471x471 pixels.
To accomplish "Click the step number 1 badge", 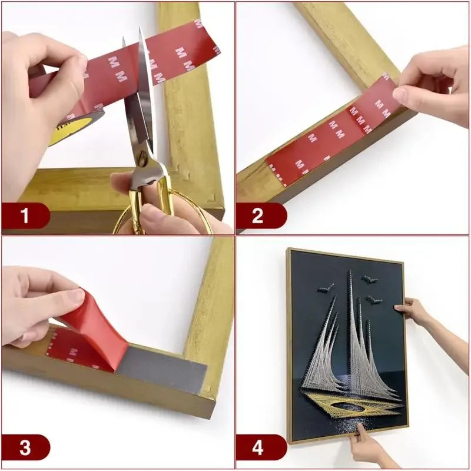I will coord(25,216).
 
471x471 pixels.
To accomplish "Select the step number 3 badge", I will coord(25,447).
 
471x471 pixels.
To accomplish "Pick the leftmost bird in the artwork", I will coord(326,288).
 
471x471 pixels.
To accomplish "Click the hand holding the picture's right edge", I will coord(415,312).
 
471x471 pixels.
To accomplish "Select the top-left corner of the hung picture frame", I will coord(288,250).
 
